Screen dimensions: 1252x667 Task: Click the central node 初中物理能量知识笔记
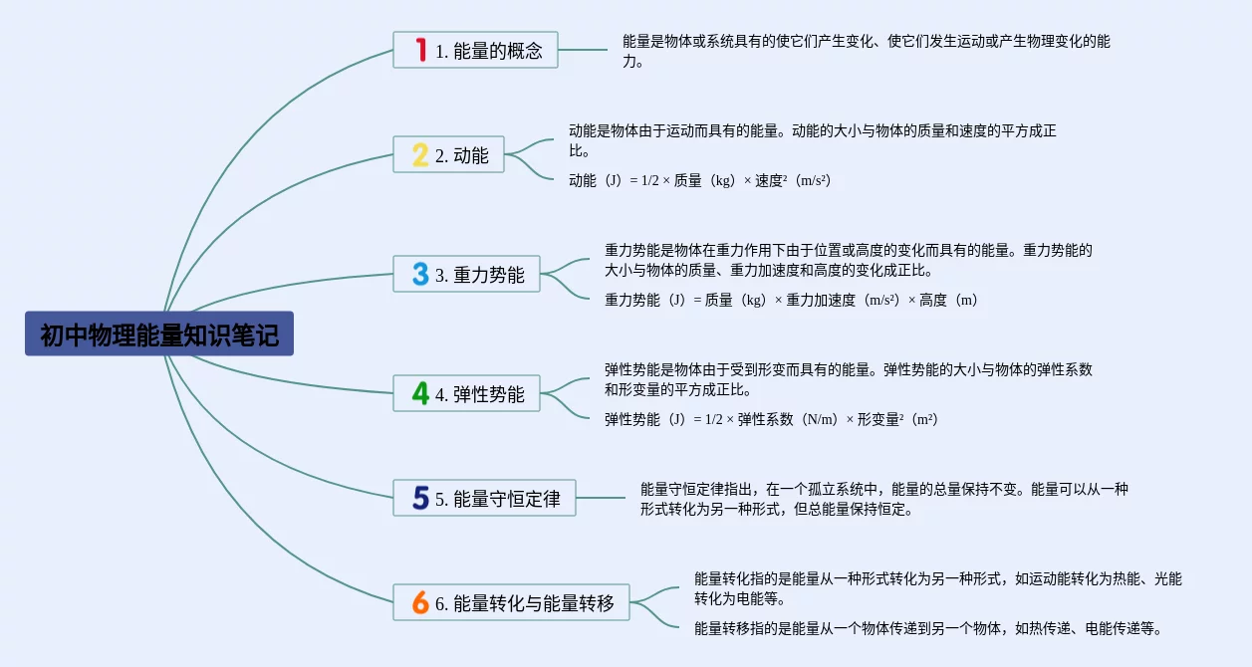(159, 334)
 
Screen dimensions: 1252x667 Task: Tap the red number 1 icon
(420, 50)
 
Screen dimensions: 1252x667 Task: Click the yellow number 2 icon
(420, 155)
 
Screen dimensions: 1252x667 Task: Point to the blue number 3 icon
(420, 275)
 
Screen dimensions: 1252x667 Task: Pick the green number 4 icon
(420, 394)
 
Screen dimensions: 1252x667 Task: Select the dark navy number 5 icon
(420, 499)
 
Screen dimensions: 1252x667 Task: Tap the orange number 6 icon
(420, 602)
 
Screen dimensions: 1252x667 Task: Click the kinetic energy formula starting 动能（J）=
(699, 180)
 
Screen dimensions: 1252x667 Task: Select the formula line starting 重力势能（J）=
(792, 300)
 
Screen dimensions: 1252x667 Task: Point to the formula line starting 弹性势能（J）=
(771, 419)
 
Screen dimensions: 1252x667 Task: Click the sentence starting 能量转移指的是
(928, 628)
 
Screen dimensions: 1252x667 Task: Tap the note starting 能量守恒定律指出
(883, 499)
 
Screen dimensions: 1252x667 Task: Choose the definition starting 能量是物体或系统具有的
(866, 51)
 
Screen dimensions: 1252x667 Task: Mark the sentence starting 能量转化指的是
(937, 588)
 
